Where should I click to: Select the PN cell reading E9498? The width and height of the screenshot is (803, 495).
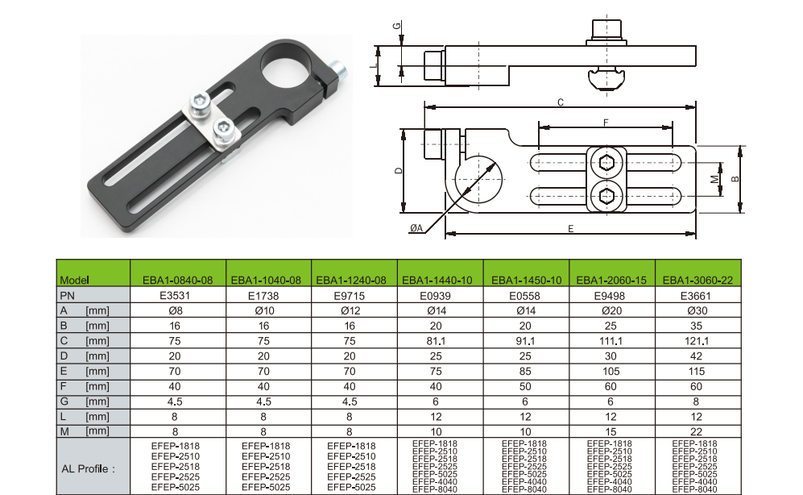611,296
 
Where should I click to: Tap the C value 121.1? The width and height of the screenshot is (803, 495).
697,341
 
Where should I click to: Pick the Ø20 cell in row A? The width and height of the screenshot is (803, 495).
611,310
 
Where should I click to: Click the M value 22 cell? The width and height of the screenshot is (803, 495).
697,431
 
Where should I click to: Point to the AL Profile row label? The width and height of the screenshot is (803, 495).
88,469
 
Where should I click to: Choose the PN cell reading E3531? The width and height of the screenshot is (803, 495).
175,296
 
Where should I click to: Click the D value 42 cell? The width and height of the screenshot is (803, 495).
697,356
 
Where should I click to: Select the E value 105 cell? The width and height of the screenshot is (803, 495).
611,371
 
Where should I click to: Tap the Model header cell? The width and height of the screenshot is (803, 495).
75,281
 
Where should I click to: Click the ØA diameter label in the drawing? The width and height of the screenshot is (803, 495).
416,228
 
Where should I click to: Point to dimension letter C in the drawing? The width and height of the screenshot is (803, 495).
561,102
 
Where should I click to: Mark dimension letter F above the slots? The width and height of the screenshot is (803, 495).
606,123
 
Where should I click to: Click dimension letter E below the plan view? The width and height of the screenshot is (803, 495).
571,229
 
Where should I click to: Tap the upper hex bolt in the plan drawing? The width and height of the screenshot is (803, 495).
606,162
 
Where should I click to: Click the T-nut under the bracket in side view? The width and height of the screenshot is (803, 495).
606,78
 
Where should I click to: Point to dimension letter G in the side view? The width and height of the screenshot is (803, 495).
397,26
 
